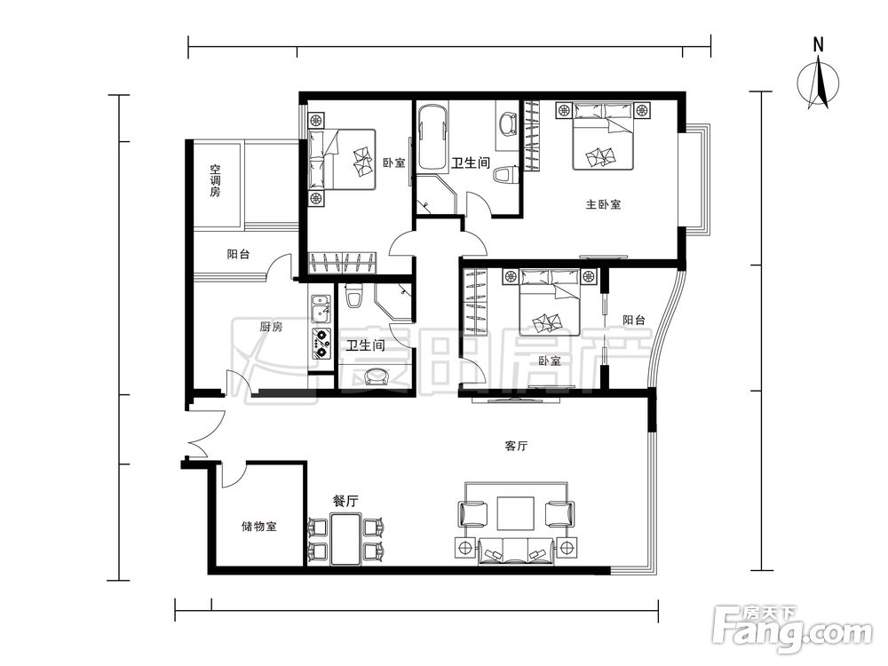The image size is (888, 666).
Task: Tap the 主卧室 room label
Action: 603,204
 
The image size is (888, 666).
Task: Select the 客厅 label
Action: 516,447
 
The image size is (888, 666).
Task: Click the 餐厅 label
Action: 345,501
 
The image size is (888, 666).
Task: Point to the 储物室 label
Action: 258,527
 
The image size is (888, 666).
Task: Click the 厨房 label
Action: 271,327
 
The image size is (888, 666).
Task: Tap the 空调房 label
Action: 215,180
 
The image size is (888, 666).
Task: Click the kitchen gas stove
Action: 321,344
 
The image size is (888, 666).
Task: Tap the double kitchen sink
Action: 321,309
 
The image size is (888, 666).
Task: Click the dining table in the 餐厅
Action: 346,539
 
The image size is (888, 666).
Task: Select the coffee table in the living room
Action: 515,513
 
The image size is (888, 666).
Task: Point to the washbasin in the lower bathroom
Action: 376,377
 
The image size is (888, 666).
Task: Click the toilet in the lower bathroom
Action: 354,297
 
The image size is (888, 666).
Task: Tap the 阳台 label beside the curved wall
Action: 634,320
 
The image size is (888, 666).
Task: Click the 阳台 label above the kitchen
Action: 238,254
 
